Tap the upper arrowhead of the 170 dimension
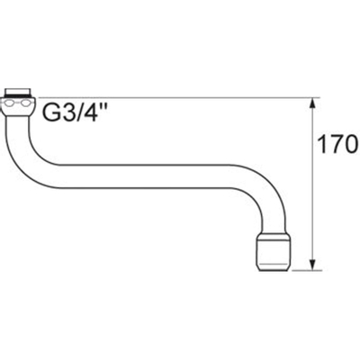(312, 103)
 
